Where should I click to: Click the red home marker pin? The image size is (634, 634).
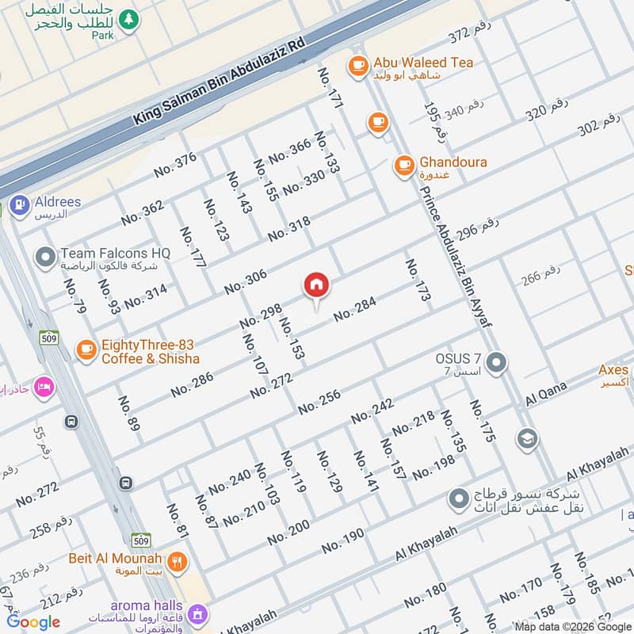[x=316, y=285]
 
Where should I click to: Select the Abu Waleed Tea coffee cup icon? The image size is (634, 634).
[x=358, y=64]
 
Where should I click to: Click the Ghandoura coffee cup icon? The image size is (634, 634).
[x=404, y=165]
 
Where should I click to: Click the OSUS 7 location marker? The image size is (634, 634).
[x=497, y=363]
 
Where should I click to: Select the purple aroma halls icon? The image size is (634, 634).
[x=197, y=613]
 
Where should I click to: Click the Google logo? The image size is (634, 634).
[x=33, y=622]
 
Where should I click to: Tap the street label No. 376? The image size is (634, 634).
[x=175, y=165]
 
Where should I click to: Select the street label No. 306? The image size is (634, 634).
[x=245, y=282]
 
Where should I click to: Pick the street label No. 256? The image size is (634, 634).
[x=319, y=402]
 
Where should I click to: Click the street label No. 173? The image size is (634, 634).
[x=418, y=280]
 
